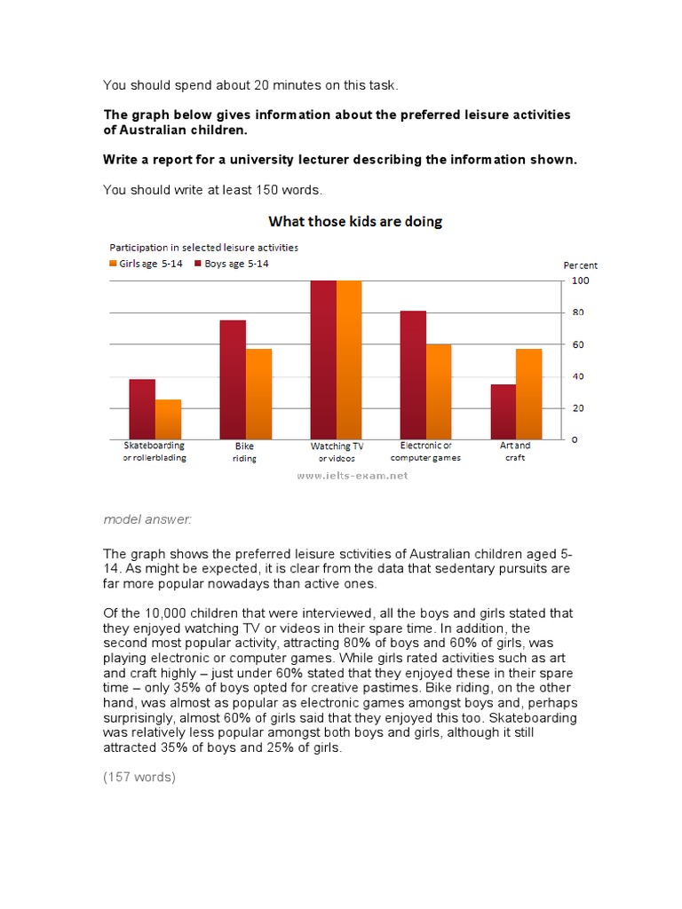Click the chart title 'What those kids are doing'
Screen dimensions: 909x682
[355, 221]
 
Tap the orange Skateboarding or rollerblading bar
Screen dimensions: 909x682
[168, 419]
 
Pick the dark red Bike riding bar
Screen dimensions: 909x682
[233, 379]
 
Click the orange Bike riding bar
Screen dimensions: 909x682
[258, 394]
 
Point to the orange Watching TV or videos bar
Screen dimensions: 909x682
[349, 360]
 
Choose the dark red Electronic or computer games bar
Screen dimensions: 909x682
[413, 375]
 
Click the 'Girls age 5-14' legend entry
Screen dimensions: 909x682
[146, 265]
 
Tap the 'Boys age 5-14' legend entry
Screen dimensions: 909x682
[230, 265]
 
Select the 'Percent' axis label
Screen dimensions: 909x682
[581, 265]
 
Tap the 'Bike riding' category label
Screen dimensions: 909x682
[244, 452]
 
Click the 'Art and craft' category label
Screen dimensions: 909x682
[515, 451]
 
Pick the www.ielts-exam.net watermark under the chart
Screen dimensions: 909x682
[353, 476]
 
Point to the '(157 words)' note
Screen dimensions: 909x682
[139, 777]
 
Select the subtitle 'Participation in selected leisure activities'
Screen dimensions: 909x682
[203, 247]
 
